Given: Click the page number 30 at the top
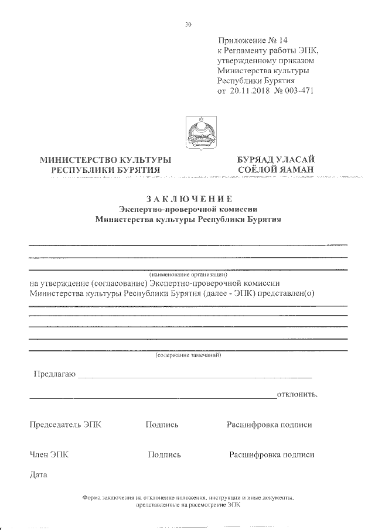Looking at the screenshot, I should pos(188,25).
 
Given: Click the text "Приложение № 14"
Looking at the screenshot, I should pos(253,40).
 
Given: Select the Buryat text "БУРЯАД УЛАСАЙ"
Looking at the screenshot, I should pos(276,159).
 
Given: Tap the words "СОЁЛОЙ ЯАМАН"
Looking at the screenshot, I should pos(276,170).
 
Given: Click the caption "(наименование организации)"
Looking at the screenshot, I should pos(187,274).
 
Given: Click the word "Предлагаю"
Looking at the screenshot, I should pos(54,374).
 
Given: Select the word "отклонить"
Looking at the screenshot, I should pos(297,394).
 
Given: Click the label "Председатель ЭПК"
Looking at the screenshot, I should pos(65,425).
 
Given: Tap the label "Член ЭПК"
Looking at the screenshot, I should pos(49,454).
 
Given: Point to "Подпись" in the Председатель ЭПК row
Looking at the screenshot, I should pos(162,425).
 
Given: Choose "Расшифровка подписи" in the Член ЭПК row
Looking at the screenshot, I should pos(272,454).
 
